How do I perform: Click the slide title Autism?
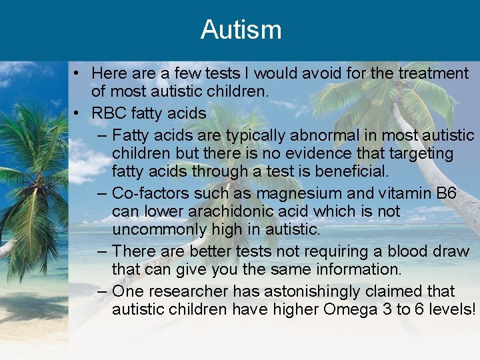(241, 30)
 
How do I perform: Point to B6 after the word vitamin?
(446, 194)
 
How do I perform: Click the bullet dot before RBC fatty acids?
(78, 114)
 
